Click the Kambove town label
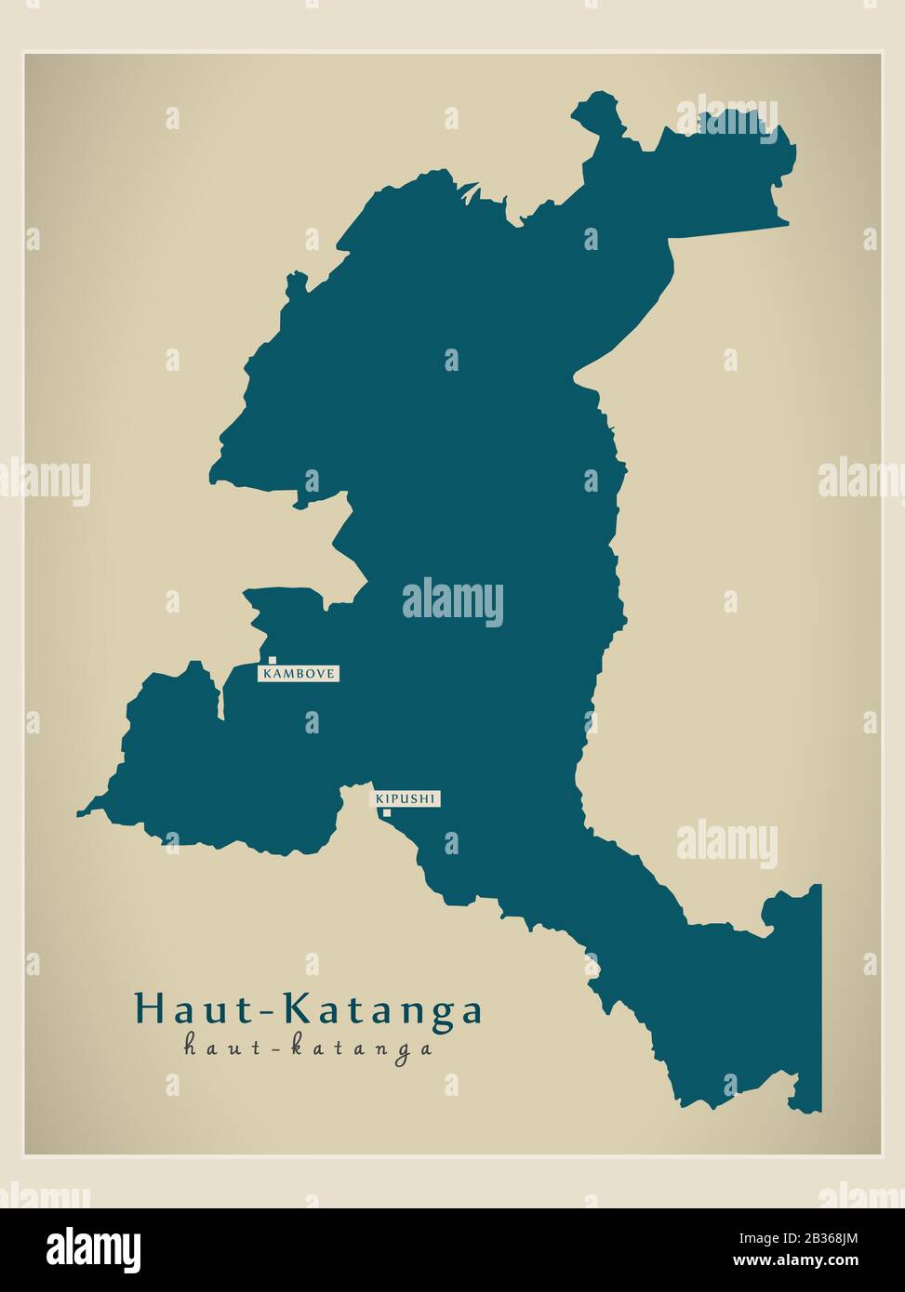pyautogui.click(x=299, y=673)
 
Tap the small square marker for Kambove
pyautogui.click(x=273, y=660)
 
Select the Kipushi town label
pyautogui.click(x=406, y=798)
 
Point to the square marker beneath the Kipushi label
pyautogui.click(x=387, y=813)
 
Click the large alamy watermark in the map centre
pyautogui.click(x=453, y=602)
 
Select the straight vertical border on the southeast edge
pyautogui.click(x=820, y=995)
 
